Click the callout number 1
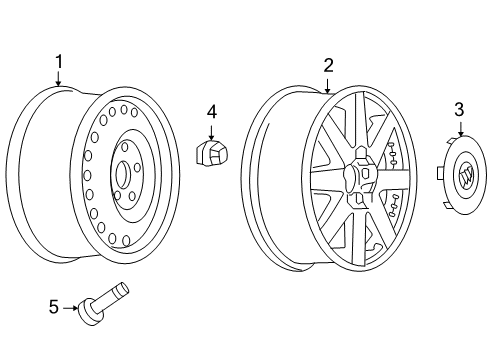pyautogui.click(x=58, y=61)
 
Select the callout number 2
pyautogui.click(x=328, y=66)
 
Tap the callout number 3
pyautogui.click(x=459, y=107)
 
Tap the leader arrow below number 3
pyautogui.click(x=460, y=127)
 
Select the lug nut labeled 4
pyautogui.click(x=211, y=153)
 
